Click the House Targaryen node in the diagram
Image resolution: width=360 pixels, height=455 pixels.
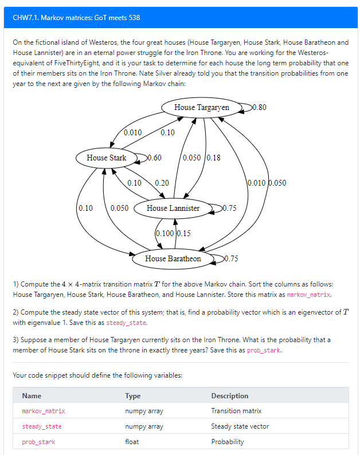201,107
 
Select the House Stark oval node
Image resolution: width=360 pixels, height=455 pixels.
106,158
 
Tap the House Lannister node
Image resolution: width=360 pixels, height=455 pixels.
173,208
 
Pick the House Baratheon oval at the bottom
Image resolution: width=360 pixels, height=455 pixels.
173,258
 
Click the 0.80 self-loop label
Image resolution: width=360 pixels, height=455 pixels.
259,107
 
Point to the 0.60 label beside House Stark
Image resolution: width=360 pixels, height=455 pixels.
154,158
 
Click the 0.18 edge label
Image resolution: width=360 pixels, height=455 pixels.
213,158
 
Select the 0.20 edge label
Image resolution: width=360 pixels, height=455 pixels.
162,183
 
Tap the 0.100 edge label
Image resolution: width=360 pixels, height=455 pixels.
165,233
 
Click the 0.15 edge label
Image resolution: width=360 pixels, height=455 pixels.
184,233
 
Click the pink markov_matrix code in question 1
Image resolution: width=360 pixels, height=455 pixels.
308,295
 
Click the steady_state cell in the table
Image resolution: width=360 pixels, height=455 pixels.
41,426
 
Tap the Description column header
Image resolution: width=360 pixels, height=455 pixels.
229,395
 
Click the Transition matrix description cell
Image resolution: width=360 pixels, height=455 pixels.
236,411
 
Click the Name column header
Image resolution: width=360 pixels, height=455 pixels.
32,395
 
